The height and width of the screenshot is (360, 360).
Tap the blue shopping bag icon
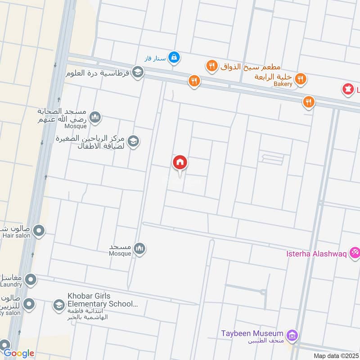[x=175, y=58]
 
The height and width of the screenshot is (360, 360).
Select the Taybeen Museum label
[x=252, y=333]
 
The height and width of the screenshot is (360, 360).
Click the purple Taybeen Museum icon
[x=292, y=335]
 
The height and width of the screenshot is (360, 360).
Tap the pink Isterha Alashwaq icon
[x=355, y=253]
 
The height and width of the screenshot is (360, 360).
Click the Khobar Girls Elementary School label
[x=103, y=300]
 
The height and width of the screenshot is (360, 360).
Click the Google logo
[x=18, y=353]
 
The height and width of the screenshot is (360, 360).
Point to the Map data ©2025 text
[x=335, y=356]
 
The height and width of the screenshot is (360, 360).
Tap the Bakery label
[x=281, y=84]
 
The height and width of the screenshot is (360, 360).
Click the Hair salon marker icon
[x=39, y=231]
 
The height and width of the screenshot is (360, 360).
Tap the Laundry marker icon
[x=31, y=280]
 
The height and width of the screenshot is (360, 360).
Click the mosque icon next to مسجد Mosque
[x=140, y=248]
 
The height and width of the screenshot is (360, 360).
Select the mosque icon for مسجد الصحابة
[x=94, y=118]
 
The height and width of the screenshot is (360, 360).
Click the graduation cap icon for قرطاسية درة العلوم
[x=138, y=72]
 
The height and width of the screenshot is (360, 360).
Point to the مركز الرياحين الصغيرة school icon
[x=133, y=142]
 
